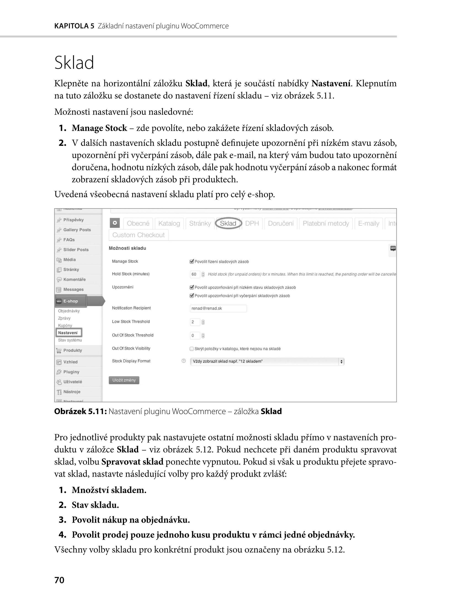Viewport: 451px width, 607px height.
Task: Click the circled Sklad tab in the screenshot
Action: (228, 223)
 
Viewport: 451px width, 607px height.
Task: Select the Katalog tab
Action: (169, 223)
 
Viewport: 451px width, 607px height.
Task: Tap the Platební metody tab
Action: (326, 223)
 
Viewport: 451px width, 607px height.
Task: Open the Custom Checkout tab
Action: (138, 235)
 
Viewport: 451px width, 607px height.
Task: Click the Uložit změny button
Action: (124, 380)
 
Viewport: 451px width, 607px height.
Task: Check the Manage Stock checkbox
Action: (192, 262)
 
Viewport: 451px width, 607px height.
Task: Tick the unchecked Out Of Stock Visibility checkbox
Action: (192, 349)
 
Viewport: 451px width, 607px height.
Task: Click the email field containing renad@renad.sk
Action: (218, 308)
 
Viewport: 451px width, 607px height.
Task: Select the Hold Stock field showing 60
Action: (195, 274)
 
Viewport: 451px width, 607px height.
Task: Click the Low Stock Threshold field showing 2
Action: (195, 322)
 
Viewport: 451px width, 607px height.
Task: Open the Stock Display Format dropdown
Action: (267, 361)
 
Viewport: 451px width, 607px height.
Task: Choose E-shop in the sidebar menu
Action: (71, 301)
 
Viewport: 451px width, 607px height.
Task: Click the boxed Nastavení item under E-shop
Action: (68, 333)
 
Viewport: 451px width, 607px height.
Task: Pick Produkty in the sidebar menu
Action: (73, 350)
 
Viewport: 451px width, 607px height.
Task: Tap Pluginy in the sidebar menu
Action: (71, 372)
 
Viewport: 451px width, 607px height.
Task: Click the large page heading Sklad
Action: (74, 63)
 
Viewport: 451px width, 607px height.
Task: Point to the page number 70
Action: (59, 580)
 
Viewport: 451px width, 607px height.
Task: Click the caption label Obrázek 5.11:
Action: (80, 411)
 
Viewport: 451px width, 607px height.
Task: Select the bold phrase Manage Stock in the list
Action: (99, 128)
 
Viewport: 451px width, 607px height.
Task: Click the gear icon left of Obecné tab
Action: (115, 223)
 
